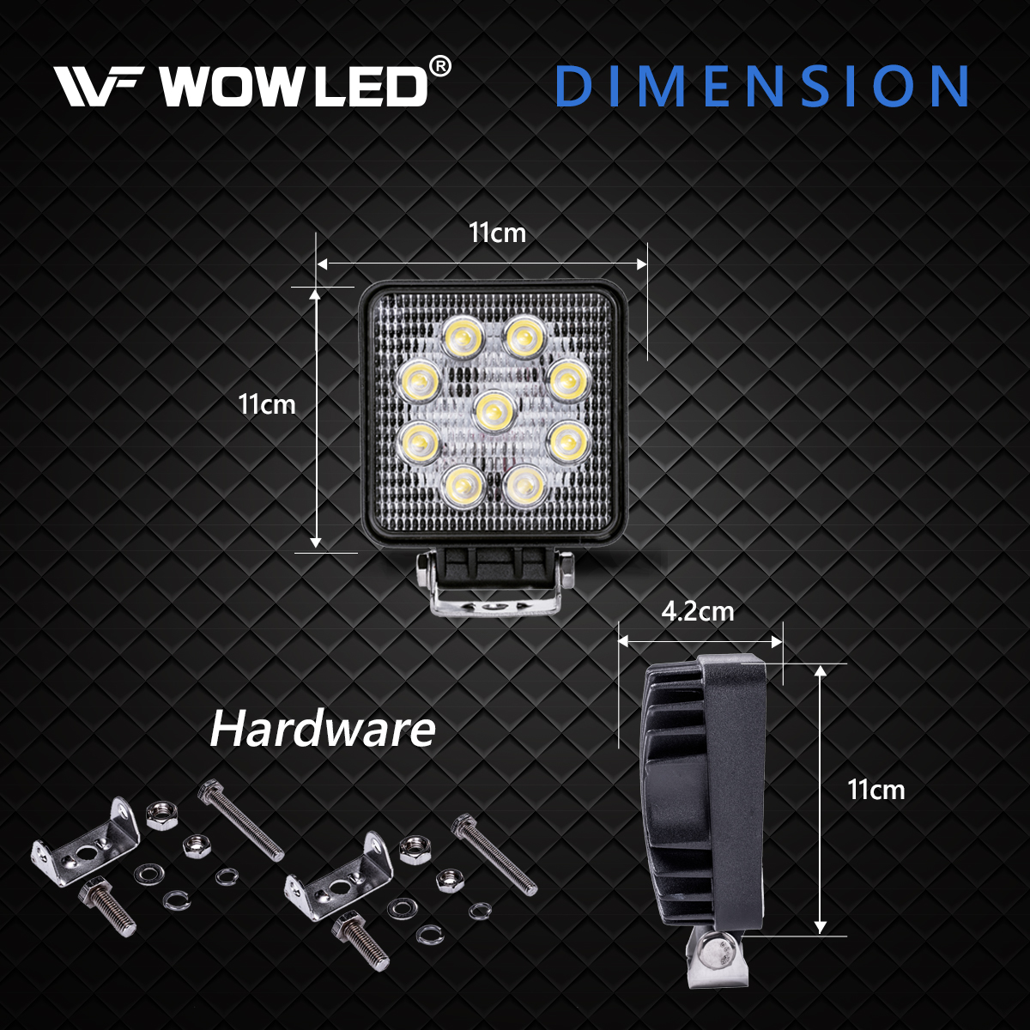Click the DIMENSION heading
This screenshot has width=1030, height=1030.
(x=762, y=86)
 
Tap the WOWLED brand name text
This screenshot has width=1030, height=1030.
(x=293, y=86)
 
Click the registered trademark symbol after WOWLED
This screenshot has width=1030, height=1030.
(x=439, y=66)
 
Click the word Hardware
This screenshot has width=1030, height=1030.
(x=323, y=730)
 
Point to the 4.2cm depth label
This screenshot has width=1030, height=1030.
(x=698, y=611)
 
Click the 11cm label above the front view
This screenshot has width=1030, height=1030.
(x=497, y=233)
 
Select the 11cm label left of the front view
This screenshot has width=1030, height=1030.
(x=267, y=403)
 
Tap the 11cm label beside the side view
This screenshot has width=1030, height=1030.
(x=875, y=790)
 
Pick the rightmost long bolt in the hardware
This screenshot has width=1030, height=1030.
(x=494, y=853)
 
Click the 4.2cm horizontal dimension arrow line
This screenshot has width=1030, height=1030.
(x=700, y=641)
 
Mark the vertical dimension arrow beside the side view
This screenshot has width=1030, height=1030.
(x=821, y=798)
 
